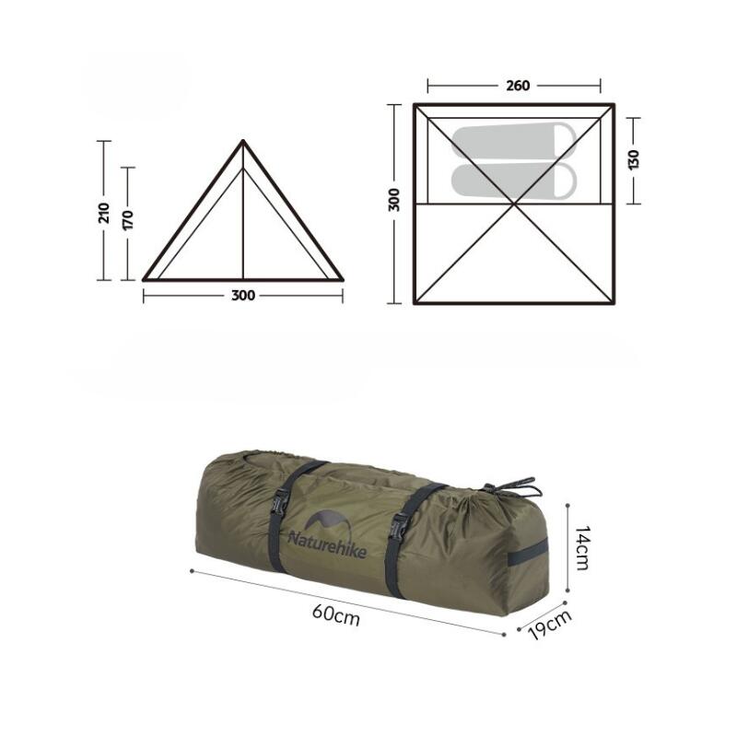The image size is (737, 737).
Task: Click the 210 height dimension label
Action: click(x=104, y=213)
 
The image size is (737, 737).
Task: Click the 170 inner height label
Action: click(x=128, y=220)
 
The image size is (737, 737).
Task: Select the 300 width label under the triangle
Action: click(x=243, y=296)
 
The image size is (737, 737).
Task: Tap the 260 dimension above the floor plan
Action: click(x=518, y=86)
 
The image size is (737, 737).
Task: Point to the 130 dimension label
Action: click(x=634, y=159)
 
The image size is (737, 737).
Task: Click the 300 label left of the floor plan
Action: click(x=394, y=200)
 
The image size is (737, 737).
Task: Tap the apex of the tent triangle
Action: click(x=242, y=140)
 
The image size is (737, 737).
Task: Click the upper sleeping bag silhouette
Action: click(x=514, y=142)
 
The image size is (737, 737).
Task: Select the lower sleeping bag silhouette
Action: click(x=514, y=181)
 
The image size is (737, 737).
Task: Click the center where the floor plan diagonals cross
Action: click(x=514, y=204)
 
